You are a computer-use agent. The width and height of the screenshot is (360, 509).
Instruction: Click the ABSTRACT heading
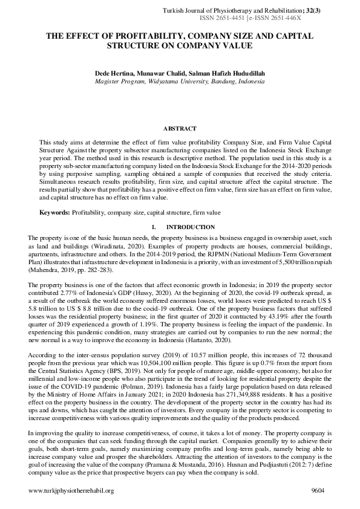[x=180, y=129]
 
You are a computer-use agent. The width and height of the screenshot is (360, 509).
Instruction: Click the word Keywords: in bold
[x=55, y=213]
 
